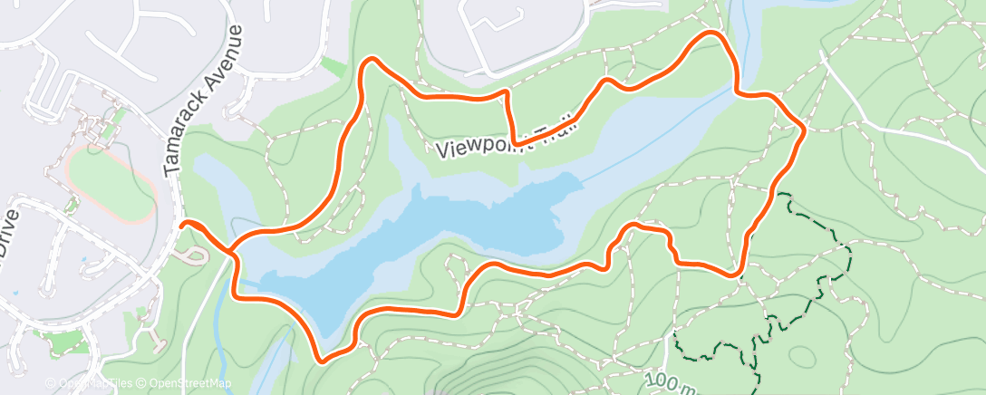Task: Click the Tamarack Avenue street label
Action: [x=205, y=100]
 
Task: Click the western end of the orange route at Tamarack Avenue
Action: [x=184, y=223]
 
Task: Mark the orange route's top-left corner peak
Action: [x=370, y=61]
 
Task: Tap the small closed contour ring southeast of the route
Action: [x=804, y=356]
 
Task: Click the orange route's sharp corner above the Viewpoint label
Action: [x=507, y=94]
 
